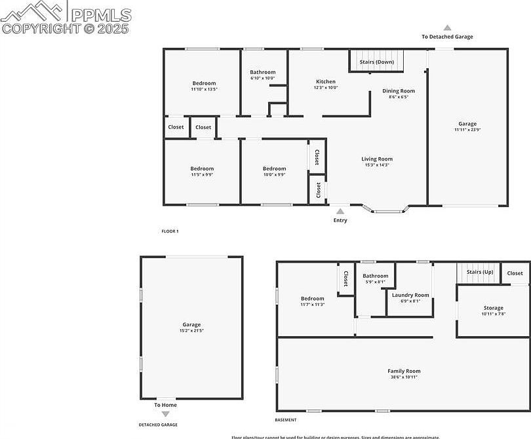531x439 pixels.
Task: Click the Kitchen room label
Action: (325, 82)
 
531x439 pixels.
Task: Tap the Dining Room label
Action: (399, 91)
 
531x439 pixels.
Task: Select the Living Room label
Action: (377, 159)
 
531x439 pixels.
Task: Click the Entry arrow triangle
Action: (340, 212)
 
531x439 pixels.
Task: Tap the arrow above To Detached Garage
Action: (447, 28)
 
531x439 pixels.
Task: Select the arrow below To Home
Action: (165, 414)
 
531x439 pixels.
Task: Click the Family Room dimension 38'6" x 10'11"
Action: (403, 377)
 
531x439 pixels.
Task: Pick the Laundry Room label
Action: (410, 295)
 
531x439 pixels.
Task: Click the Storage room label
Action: (494, 308)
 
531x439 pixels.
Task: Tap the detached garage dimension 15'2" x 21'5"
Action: (191, 331)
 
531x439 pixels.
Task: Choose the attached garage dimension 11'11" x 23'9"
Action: (467, 130)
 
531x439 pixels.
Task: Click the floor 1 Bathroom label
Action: (262, 72)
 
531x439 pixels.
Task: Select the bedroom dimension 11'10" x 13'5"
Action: (204, 89)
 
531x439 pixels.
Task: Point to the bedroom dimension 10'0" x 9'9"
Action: (274, 175)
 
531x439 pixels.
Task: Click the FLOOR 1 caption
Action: (170, 231)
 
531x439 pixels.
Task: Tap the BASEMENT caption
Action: (286, 420)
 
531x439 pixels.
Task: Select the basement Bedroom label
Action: (313, 298)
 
